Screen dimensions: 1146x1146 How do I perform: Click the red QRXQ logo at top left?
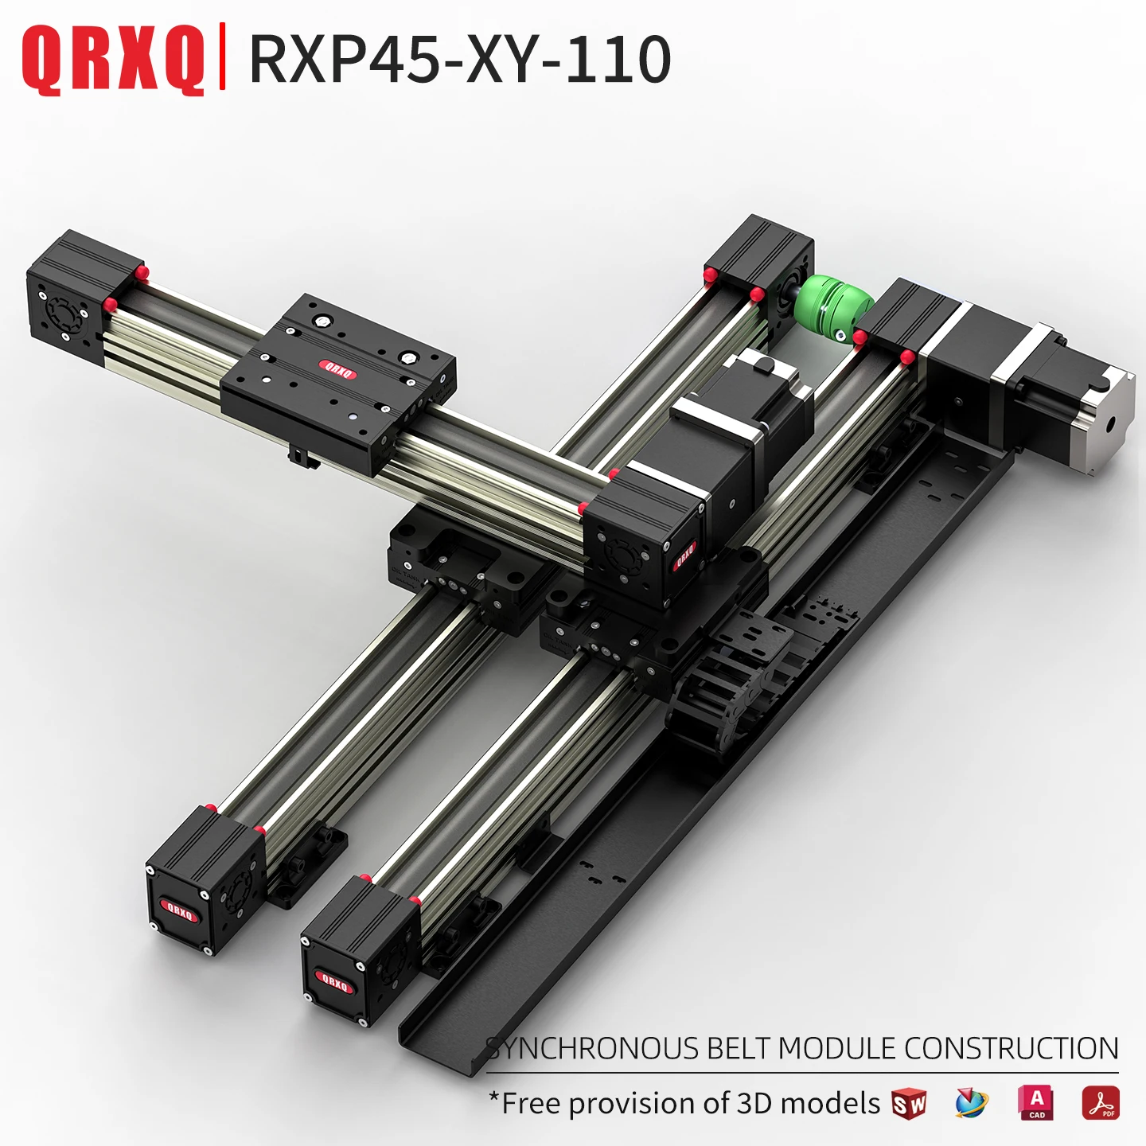click(x=112, y=59)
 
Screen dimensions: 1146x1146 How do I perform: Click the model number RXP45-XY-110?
click(x=460, y=59)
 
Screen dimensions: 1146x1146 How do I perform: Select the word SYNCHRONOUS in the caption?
click(x=593, y=1048)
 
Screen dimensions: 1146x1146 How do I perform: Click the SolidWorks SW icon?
click(x=909, y=1104)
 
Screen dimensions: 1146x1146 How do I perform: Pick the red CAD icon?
click(x=1036, y=1103)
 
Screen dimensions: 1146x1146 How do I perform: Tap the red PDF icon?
click(x=1100, y=1103)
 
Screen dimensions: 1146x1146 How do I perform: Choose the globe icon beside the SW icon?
click(x=971, y=1104)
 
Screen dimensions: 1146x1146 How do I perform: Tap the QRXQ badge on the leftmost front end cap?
click(x=178, y=910)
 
